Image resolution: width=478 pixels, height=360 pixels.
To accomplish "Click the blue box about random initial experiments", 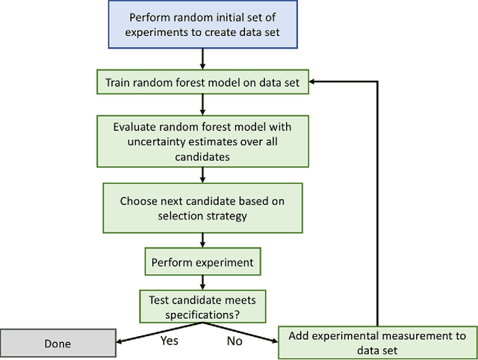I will tap(202, 25).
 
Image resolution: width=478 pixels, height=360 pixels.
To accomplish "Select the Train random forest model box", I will tap(202, 83).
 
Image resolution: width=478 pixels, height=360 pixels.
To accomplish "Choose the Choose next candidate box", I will tap(202, 208).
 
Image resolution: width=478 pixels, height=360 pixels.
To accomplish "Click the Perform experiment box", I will tap(202, 262).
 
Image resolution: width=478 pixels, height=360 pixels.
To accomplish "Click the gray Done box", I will tap(58, 344).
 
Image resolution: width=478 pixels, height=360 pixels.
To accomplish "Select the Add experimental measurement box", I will tap(378, 343).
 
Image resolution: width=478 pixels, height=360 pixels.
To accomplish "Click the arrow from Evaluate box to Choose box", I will tap(202, 174).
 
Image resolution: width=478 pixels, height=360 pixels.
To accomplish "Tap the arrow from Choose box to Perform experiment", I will tap(202, 239).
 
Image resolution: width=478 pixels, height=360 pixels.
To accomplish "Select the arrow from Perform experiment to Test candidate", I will tap(202, 282).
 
